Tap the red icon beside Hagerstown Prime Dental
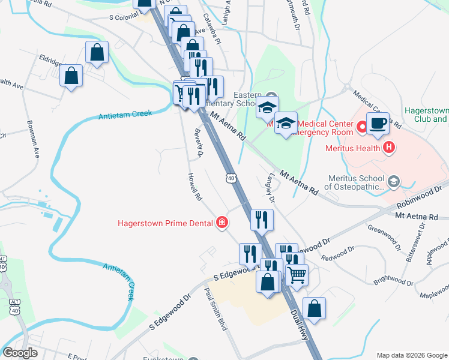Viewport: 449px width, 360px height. (223, 223)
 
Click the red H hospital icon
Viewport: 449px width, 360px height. (389, 147)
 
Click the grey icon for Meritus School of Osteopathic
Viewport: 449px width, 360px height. (394, 181)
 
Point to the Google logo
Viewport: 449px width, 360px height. (20, 353)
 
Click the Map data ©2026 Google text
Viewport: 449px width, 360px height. (411, 355)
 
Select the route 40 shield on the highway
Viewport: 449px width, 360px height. (231, 178)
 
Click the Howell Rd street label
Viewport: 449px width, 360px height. (193, 187)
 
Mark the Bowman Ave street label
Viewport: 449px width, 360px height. (32, 139)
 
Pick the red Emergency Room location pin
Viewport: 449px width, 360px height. (362, 127)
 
